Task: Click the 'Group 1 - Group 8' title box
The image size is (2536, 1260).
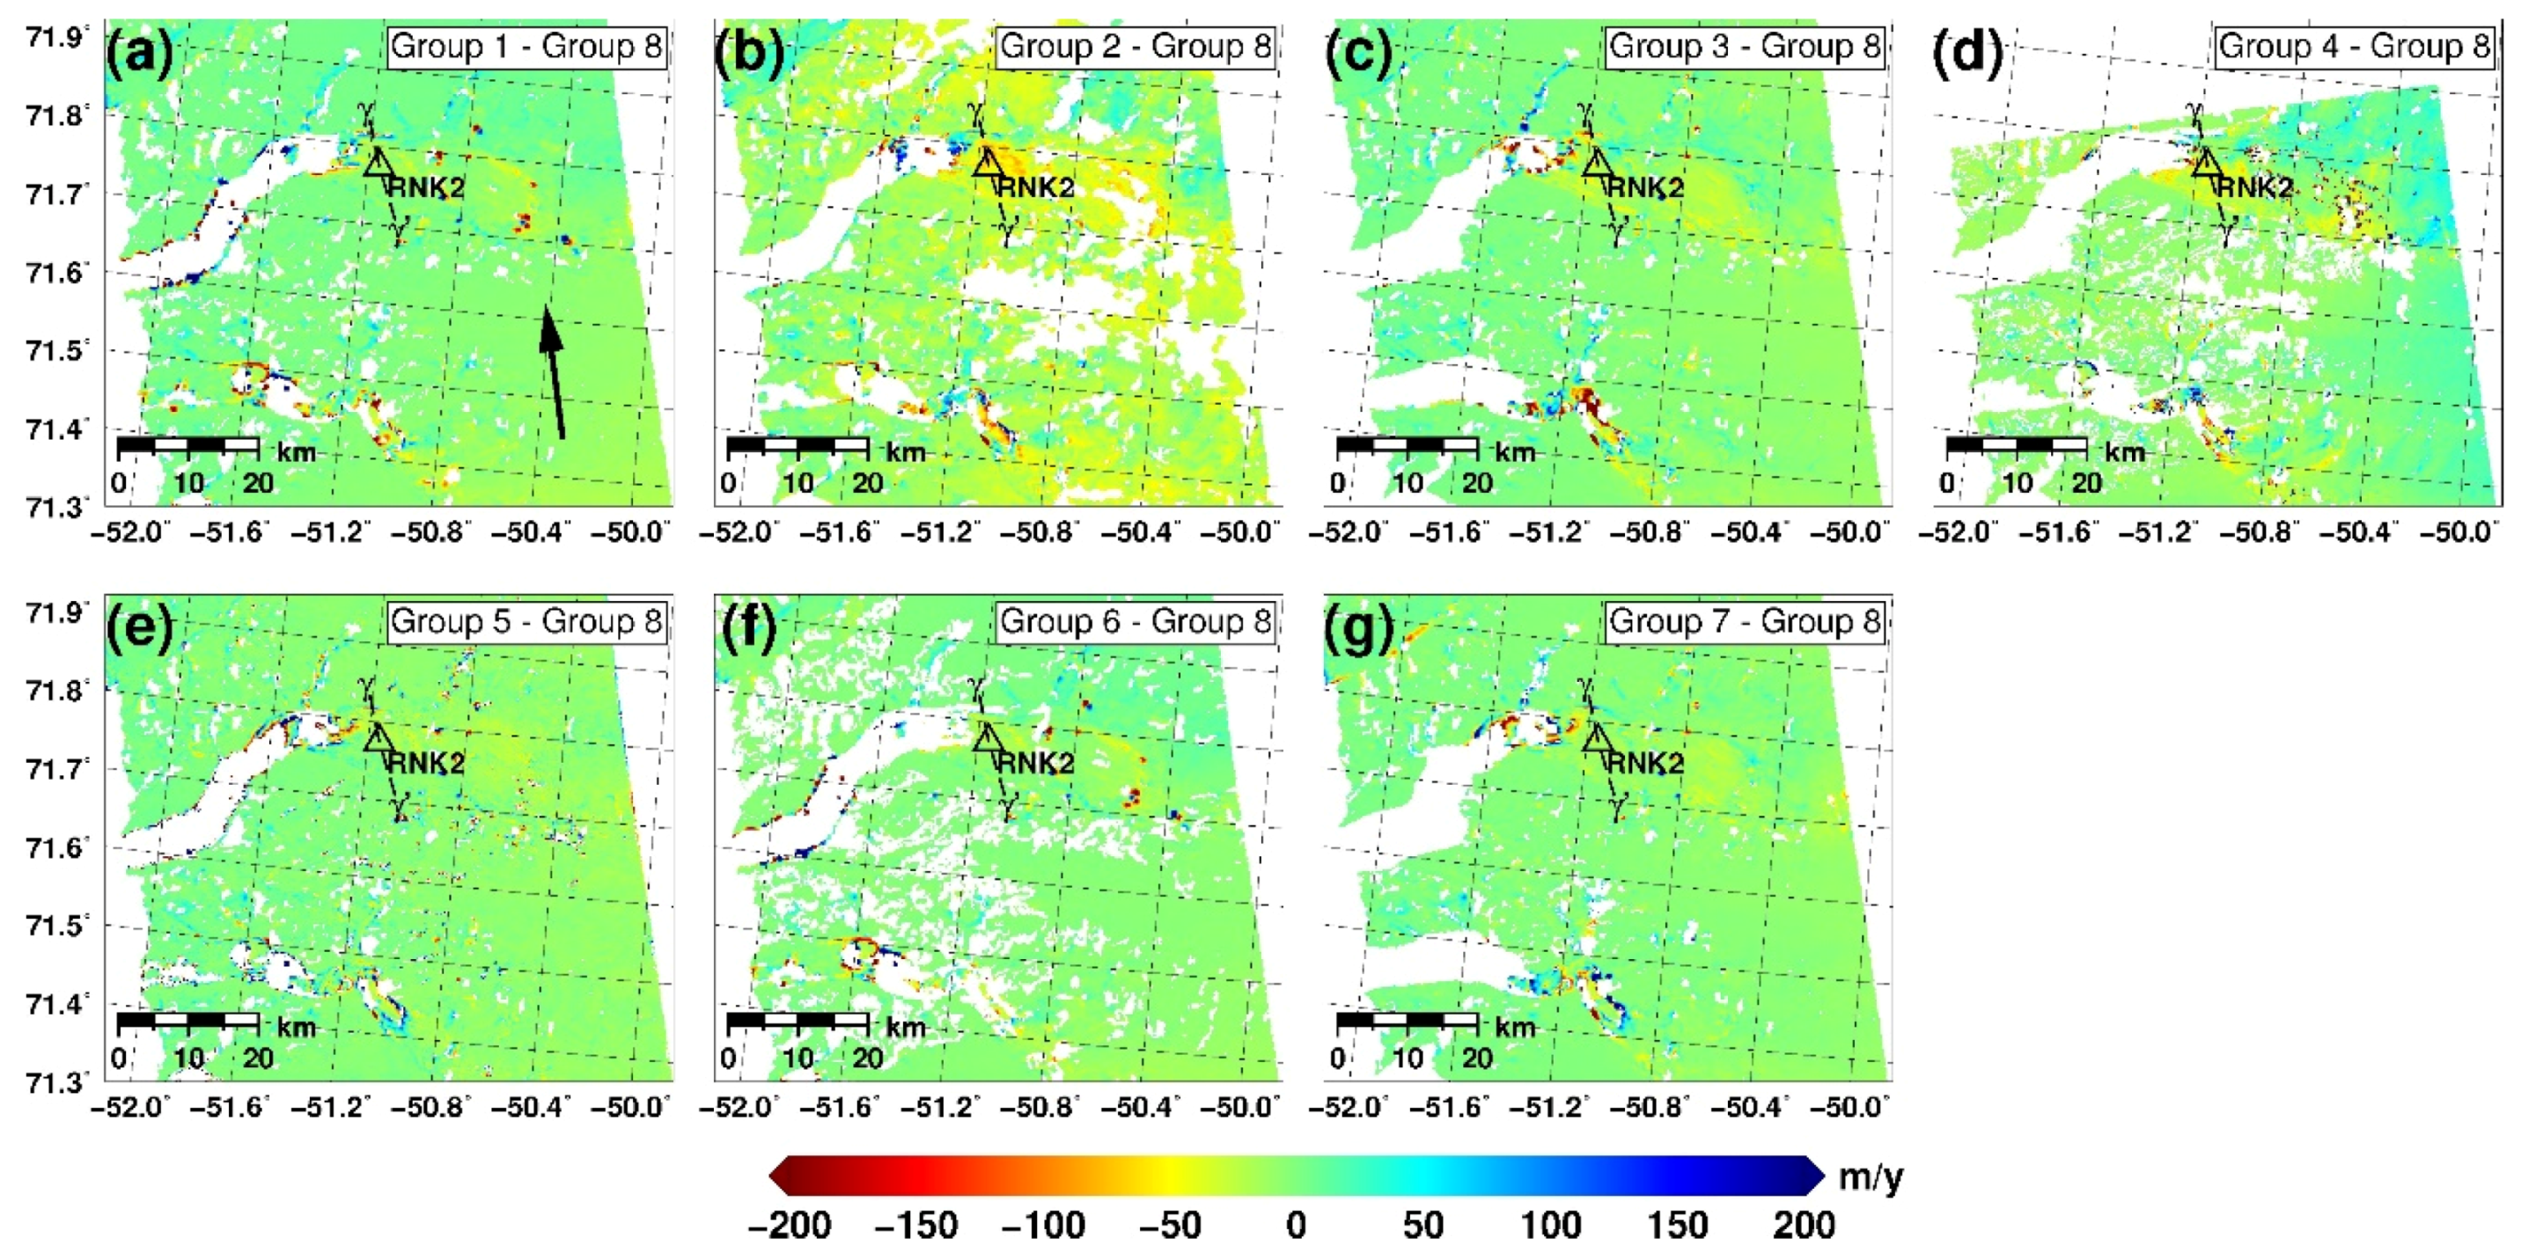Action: [x=526, y=47]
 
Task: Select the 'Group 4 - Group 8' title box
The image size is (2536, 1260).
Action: [x=2354, y=47]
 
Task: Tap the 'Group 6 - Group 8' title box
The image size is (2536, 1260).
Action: [x=1136, y=621]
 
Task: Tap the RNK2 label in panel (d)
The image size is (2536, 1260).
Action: [x=2255, y=187]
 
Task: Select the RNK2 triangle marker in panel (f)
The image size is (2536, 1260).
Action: [x=988, y=737]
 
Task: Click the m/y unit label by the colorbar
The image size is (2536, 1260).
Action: [x=1871, y=1177]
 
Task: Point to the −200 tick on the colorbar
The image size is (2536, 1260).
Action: [x=790, y=1226]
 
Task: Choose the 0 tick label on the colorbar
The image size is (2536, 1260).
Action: [x=1296, y=1226]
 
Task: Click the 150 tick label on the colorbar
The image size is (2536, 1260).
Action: [x=1678, y=1226]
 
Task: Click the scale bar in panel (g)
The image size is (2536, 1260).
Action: [x=1407, y=1021]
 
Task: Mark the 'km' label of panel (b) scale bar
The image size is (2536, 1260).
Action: [x=905, y=452]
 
